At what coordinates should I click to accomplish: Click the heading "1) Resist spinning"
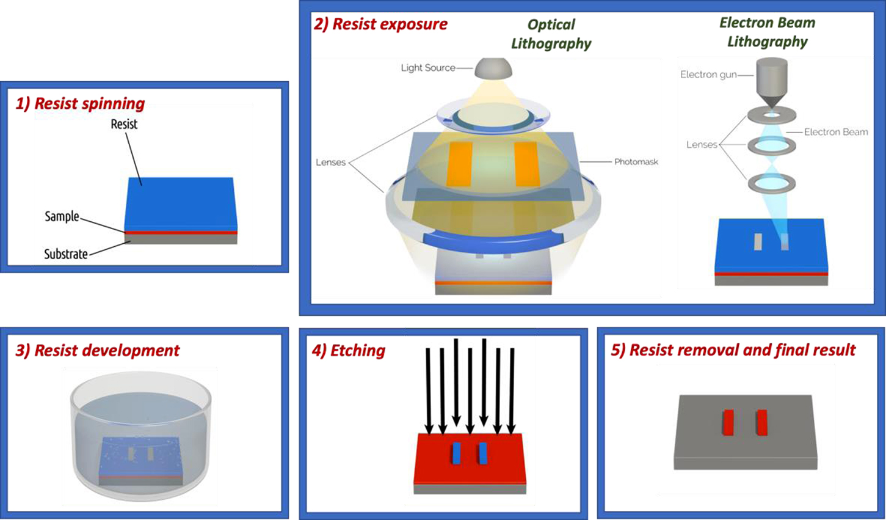click(x=80, y=103)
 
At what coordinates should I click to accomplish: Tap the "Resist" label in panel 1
click(x=124, y=124)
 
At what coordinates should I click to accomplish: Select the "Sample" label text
click(x=62, y=216)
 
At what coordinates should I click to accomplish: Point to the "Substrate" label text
click(x=65, y=254)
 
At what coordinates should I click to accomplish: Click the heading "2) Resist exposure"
click(x=380, y=24)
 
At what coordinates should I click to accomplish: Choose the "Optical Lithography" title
click(x=551, y=34)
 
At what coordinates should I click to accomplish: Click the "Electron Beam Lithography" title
click(x=767, y=32)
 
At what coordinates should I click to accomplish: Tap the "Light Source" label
click(x=427, y=68)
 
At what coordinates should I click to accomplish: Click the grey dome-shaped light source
click(x=493, y=68)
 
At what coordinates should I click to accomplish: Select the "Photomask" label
click(x=636, y=162)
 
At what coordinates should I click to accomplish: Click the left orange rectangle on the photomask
click(x=460, y=164)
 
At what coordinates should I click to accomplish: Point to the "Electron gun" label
click(x=708, y=75)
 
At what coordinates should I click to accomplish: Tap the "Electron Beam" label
click(x=835, y=132)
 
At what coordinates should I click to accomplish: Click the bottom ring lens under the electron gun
click(x=772, y=183)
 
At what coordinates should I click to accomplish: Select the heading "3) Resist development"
click(x=98, y=350)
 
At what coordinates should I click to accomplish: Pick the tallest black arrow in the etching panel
click(x=484, y=383)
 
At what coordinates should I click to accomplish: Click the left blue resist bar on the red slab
click(x=456, y=453)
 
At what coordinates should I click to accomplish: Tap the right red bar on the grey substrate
click(x=761, y=422)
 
